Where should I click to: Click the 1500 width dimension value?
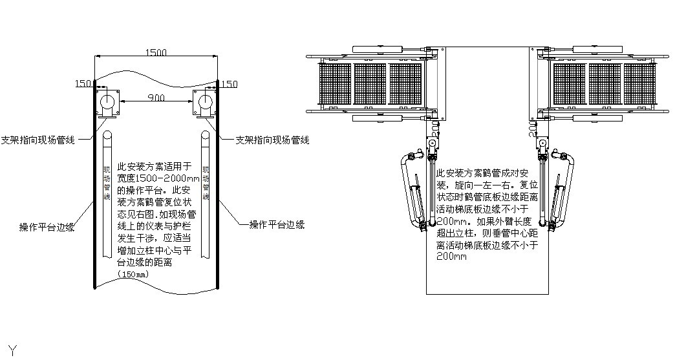(x=156, y=52)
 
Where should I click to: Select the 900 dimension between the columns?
(x=156, y=98)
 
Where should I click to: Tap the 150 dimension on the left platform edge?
(x=83, y=84)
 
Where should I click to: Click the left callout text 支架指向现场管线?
(x=37, y=140)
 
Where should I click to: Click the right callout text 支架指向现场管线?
(x=272, y=140)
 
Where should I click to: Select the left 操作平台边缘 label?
(x=47, y=227)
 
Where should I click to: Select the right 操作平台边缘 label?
(x=277, y=225)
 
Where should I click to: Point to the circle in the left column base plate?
(x=107, y=102)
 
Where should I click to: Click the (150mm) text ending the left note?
(x=133, y=274)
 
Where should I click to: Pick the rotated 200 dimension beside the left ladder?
(x=435, y=129)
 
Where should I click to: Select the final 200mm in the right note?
(x=451, y=256)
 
